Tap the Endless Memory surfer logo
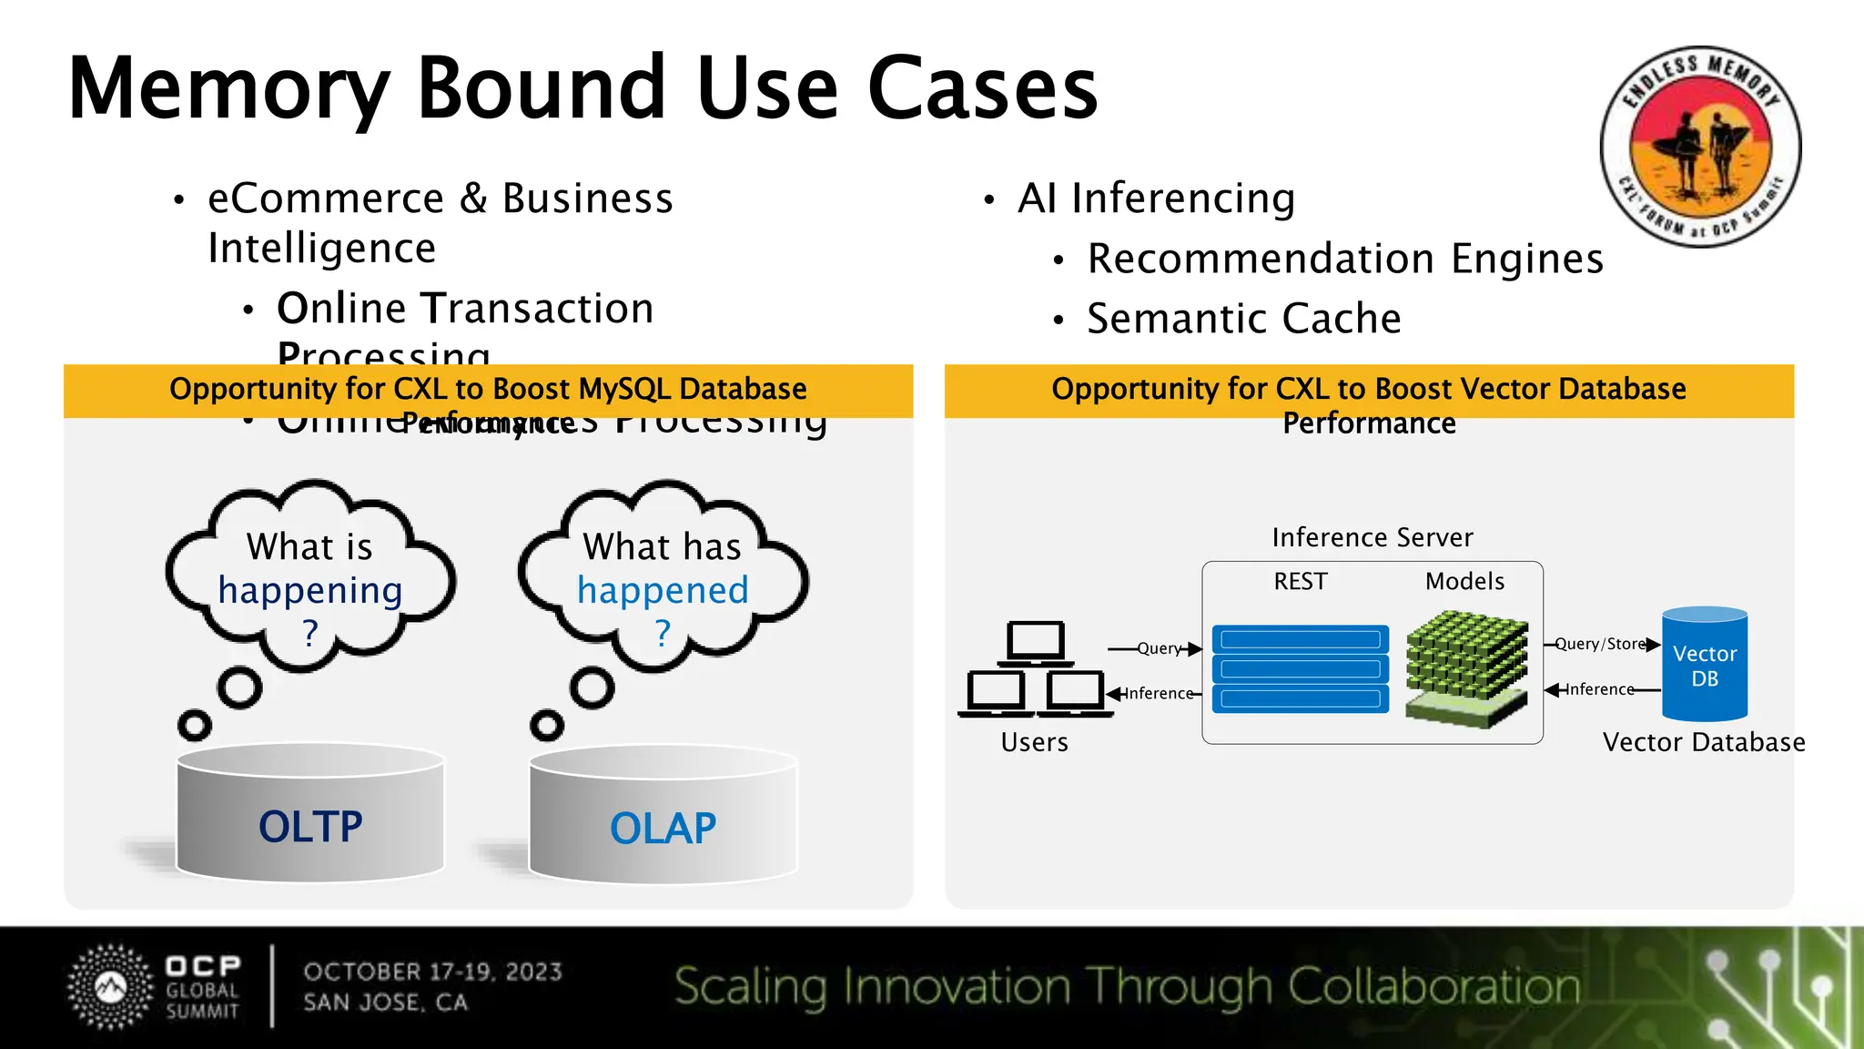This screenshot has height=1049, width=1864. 1700,147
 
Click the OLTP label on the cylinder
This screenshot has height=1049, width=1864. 310,827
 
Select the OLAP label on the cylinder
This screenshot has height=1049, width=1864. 663,829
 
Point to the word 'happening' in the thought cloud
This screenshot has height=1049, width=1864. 310,590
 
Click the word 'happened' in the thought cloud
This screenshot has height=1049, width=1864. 663,590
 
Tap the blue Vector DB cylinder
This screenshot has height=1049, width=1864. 1704,666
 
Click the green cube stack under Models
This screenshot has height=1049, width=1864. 1466,669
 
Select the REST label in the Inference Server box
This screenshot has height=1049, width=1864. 1300,581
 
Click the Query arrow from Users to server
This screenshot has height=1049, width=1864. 1156,648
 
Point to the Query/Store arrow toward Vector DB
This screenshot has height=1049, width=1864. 1602,644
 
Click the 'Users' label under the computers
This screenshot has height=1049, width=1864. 1034,742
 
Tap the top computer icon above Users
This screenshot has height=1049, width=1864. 1036,642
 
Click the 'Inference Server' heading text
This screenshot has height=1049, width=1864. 1372,537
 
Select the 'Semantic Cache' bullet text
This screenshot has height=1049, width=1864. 1243,319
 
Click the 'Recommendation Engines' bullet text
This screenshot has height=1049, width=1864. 1345,259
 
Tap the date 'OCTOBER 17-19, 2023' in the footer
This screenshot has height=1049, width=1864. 433,972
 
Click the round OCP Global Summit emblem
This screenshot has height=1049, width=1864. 111,987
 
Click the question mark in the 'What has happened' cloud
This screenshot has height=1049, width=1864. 663,632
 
